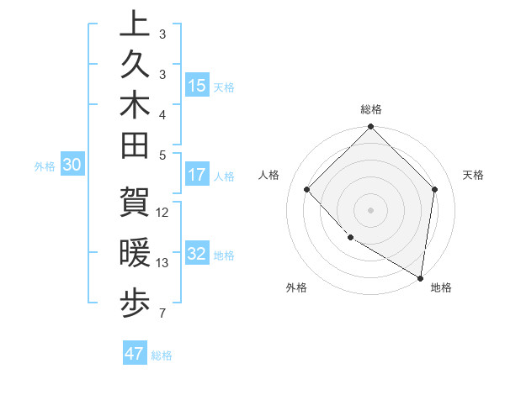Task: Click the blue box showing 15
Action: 197,85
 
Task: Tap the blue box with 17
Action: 197,175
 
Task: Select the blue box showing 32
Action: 197,254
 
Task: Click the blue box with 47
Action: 135,353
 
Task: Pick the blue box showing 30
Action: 72,165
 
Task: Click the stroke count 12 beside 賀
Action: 163,212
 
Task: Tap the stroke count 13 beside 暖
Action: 163,262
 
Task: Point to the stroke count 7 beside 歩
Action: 162,313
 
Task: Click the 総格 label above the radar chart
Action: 370,109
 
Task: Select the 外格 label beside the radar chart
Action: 296,287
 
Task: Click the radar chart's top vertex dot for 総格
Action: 370,128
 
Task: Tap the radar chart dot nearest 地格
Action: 420,278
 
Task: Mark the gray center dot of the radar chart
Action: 370,209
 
